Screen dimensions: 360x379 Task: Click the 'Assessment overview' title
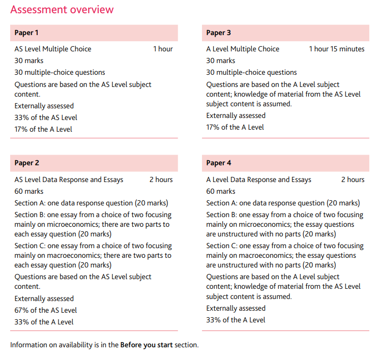pyautogui.click(x=62, y=10)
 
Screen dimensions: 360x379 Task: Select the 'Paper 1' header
pyautogui.click(x=26, y=33)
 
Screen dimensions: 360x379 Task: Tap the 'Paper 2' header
pyautogui.click(x=26, y=163)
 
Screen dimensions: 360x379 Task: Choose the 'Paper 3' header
pyautogui.click(x=218, y=33)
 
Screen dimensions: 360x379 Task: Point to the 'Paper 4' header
pyautogui.click(x=218, y=163)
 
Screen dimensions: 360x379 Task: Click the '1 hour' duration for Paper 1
pyautogui.click(x=163, y=49)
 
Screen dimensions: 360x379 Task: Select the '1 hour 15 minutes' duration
pyautogui.click(x=337, y=49)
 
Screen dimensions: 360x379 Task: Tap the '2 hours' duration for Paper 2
pyautogui.click(x=161, y=179)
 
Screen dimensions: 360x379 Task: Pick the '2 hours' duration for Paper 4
pyautogui.click(x=353, y=179)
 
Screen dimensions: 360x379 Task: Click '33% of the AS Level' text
pyautogui.click(x=46, y=117)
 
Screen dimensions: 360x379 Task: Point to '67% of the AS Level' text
pyautogui.click(x=46, y=310)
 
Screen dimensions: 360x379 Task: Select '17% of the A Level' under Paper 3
pyautogui.click(x=235, y=127)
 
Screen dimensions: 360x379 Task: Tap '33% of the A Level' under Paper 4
pyautogui.click(x=236, y=320)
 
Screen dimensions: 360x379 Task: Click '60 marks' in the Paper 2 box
pyautogui.click(x=29, y=191)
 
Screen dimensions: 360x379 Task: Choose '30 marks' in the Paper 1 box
pyautogui.click(x=29, y=61)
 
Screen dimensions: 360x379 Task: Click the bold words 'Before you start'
pyautogui.click(x=146, y=345)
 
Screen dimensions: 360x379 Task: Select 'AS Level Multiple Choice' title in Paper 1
pyautogui.click(x=53, y=49)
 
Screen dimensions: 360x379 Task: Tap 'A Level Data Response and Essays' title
pyautogui.click(x=258, y=179)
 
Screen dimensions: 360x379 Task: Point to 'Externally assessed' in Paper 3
pyautogui.click(x=236, y=115)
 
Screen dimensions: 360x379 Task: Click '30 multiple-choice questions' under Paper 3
pyautogui.click(x=251, y=72)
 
